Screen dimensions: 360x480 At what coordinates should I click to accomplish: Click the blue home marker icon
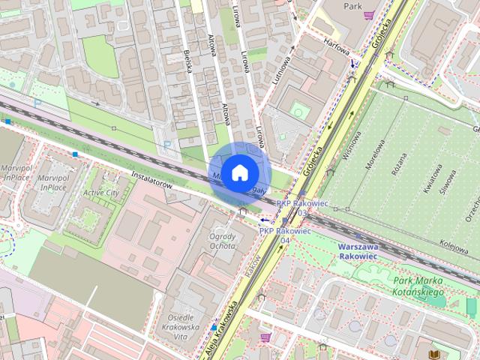tap(238, 172)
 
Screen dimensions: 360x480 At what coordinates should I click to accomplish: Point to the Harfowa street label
tap(337, 46)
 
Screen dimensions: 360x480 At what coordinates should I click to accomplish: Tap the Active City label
tap(100, 193)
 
